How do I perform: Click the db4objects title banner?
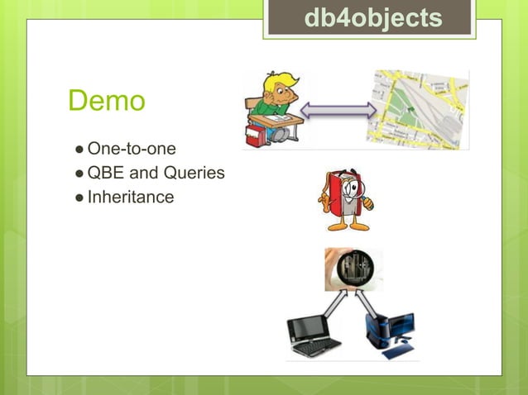click(x=372, y=18)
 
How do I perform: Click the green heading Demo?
click(x=107, y=102)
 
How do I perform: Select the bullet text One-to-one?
click(x=131, y=150)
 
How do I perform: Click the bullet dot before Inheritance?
click(x=78, y=198)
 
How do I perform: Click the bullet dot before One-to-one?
click(x=78, y=150)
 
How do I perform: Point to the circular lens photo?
click(x=353, y=269)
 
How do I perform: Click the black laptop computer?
click(x=313, y=335)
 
